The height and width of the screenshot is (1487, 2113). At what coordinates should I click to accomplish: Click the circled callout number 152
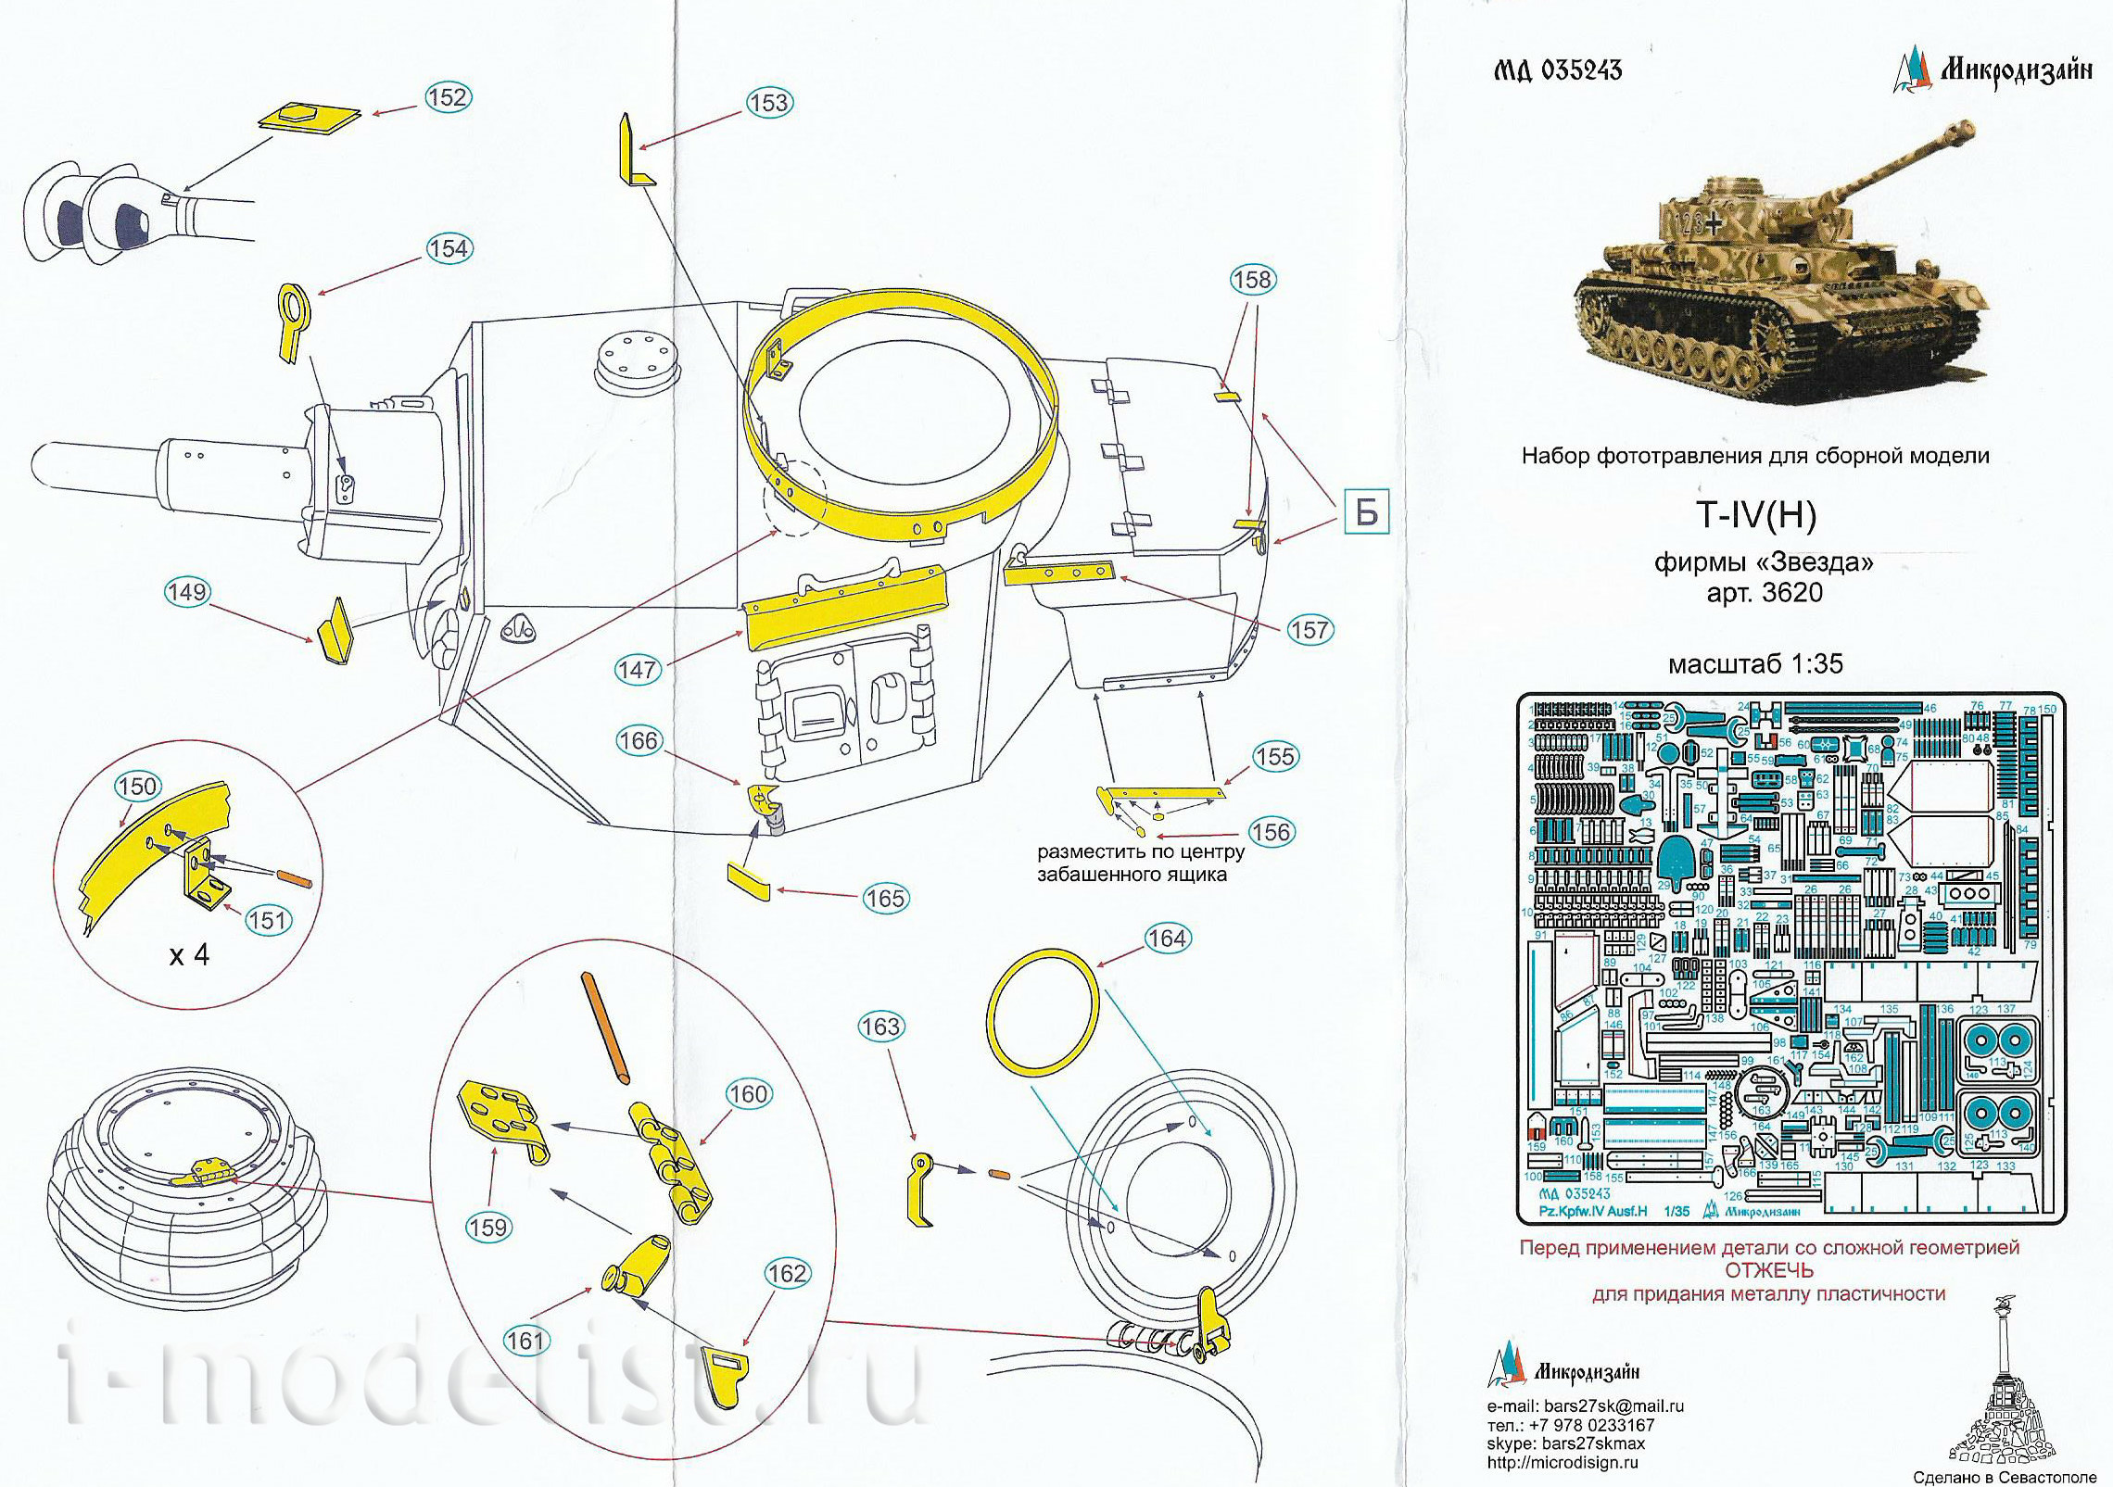click(x=448, y=97)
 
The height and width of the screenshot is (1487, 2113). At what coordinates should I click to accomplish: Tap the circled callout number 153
click(x=768, y=103)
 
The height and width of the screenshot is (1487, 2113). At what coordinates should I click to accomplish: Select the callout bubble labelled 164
click(x=1167, y=939)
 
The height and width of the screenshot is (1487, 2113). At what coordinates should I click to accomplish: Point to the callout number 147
click(x=638, y=669)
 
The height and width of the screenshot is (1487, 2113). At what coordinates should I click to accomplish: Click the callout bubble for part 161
click(x=525, y=1340)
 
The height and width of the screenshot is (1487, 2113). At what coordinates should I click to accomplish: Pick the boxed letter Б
click(x=1366, y=512)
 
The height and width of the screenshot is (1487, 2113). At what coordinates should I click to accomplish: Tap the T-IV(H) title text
click(x=1756, y=515)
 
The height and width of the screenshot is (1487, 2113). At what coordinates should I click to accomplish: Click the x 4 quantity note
click(x=189, y=955)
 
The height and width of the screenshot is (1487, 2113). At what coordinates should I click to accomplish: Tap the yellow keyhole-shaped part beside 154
click(x=294, y=320)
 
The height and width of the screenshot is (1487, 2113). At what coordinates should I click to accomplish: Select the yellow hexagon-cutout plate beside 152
click(x=310, y=120)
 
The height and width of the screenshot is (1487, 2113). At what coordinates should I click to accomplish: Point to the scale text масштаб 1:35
click(x=1755, y=664)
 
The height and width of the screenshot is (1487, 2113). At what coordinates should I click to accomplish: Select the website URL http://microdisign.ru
click(x=1562, y=1462)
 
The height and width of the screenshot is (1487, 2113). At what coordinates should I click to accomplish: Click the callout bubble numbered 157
click(x=1309, y=630)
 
